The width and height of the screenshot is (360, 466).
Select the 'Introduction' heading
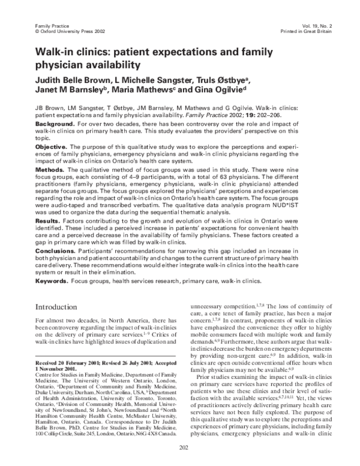pyautogui.click(x=62, y=306)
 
